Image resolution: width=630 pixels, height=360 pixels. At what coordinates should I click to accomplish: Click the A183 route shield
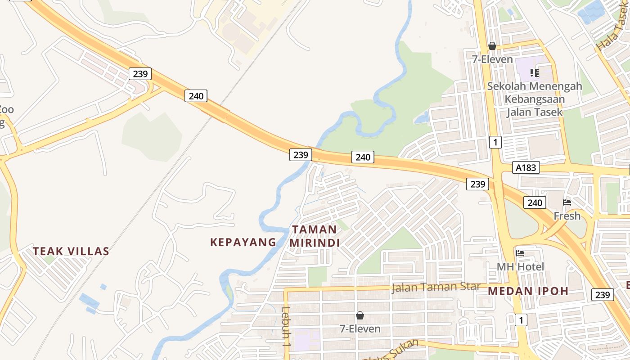tap(526, 168)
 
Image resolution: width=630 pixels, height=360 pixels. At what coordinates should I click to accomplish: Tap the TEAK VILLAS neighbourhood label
tap(71, 251)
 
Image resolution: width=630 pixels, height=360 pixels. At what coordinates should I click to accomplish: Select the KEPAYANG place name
tap(243, 242)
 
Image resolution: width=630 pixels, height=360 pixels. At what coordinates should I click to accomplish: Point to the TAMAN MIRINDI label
tap(314, 236)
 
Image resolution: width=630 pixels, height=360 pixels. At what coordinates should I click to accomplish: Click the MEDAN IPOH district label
tap(528, 291)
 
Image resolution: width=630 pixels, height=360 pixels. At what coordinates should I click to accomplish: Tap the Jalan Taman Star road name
tap(436, 287)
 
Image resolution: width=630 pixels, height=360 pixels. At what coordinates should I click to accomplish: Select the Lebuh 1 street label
tap(285, 326)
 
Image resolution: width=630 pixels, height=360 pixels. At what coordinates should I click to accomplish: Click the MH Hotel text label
tap(520, 267)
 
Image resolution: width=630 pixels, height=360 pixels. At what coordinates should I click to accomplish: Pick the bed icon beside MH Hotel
tap(521, 253)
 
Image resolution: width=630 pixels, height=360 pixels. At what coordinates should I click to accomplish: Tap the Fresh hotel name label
tap(567, 216)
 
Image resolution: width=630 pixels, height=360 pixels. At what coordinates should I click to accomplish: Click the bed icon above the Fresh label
tap(567, 202)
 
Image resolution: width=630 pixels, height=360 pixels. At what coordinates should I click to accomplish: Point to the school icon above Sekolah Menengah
tap(535, 72)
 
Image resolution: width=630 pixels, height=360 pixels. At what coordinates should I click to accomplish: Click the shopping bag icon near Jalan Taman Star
tap(360, 315)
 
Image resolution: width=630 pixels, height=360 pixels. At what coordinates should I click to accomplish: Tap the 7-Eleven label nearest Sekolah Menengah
tap(492, 59)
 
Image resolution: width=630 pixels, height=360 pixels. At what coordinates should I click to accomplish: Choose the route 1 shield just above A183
tap(495, 143)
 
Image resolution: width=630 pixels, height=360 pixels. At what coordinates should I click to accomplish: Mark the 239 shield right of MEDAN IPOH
tap(602, 295)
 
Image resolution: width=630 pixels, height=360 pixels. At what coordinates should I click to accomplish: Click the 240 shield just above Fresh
tap(535, 202)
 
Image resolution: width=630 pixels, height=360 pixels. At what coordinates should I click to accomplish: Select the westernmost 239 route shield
tap(140, 74)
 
